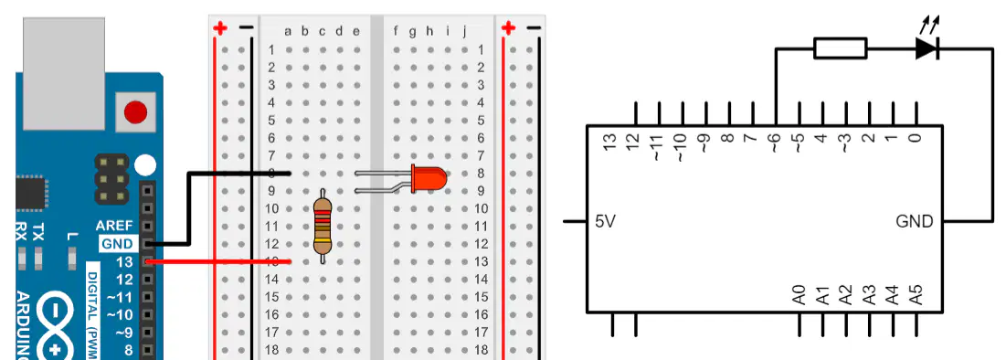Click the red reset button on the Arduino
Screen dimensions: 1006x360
tap(135, 112)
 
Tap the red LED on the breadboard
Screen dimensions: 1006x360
tap(429, 178)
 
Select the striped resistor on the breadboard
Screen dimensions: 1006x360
tap(323, 226)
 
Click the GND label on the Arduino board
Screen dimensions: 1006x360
tap(117, 244)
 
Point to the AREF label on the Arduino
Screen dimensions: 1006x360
tap(114, 226)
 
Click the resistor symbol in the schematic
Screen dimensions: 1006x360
tap(841, 48)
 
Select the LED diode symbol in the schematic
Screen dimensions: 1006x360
tap(927, 48)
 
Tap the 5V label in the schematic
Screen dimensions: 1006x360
tap(606, 221)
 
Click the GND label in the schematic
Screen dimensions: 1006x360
tap(915, 221)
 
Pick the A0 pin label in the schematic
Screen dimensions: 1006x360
tap(800, 294)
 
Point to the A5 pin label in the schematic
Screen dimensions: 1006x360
tap(916, 294)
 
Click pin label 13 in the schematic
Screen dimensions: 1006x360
tap(610, 142)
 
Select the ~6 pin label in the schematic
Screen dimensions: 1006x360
tap(775, 142)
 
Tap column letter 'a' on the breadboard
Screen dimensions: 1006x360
tap(288, 31)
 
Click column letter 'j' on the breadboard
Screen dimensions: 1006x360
tap(463, 31)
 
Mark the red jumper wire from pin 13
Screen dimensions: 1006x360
tap(219, 261)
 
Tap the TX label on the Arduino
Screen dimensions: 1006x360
tap(38, 232)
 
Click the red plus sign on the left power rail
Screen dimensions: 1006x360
tap(221, 28)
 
